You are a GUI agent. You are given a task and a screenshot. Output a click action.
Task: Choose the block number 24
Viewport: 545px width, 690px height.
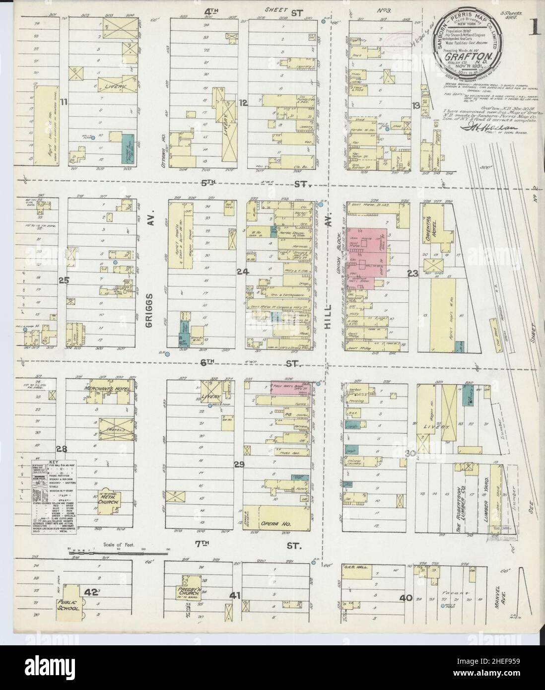pos(242,272)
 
